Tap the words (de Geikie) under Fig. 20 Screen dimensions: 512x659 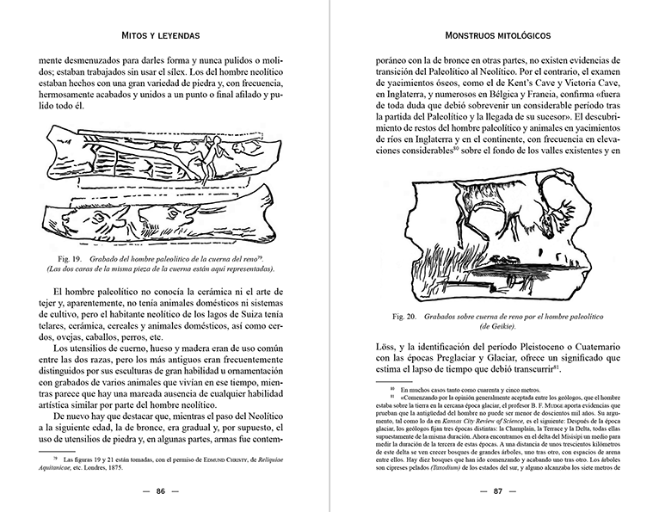click(x=497, y=328)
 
